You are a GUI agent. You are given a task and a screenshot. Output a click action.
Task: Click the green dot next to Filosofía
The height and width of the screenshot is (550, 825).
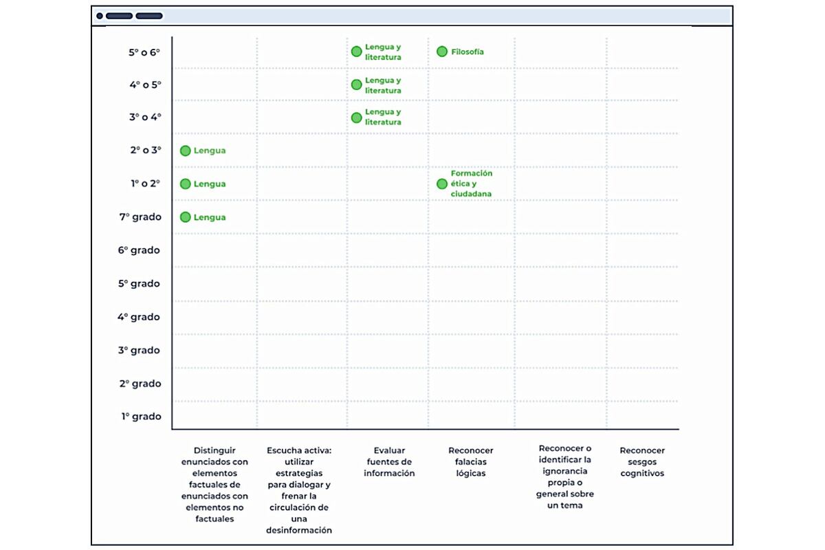pyautogui.click(x=442, y=52)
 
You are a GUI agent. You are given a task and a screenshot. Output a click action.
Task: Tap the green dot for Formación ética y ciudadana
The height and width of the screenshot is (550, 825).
pyautogui.click(x=442, y=184)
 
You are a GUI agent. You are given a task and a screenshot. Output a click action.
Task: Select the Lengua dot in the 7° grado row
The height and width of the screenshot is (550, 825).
pyautogui.click(x=185, y=217)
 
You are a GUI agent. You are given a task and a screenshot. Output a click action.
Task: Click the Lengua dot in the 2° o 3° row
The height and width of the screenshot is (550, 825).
pyautogui.click(x=185, y=151)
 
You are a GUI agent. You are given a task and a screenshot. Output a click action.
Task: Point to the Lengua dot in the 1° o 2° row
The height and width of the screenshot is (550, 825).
pyautogui.click(x=185, y=184)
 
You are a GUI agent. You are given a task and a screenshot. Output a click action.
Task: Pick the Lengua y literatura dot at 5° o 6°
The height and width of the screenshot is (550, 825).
pyautogui.click(x=357, y=52)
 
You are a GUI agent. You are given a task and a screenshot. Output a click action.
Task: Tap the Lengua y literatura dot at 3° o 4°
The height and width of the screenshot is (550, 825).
pyautogui.click(x=357, y=118)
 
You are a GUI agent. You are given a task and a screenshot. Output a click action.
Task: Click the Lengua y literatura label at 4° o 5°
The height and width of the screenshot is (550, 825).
pyautogui.click(x=383, y=85)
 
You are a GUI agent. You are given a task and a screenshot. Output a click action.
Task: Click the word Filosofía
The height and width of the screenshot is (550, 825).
pyautogui.click(x=467, y=52)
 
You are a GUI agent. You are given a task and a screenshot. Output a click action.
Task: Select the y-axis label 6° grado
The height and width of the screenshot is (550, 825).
pyautogui.click(x=139, y=250)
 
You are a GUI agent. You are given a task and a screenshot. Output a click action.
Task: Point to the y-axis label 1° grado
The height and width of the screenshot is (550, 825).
pyautogui.click(x=142, y=416)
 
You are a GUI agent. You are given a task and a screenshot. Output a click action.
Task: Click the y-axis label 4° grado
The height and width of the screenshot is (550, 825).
pyautogui.click(x=139, y=317)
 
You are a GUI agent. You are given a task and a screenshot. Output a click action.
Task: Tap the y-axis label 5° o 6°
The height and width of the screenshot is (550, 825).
pyautogui.click(x=144, y=52)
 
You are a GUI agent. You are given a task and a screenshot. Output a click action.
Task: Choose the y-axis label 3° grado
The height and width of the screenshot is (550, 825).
pyautogui.click(x=139, y=350)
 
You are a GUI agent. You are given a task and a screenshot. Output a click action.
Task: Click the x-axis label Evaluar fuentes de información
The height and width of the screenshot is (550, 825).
pyautogui.click(x=389, y=461)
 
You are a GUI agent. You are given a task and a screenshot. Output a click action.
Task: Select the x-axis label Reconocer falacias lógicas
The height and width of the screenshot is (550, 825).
pyautogui.click(x=471, y=461)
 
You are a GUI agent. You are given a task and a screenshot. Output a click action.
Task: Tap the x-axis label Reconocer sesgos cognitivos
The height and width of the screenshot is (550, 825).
pyautogui.click(x=642, y=461)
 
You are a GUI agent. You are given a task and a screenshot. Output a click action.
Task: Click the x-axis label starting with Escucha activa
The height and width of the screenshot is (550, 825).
pyautogui.click(x=299, y=490)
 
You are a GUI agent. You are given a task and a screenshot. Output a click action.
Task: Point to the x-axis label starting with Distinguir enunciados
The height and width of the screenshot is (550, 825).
pyautogui.click(x=214, y=485)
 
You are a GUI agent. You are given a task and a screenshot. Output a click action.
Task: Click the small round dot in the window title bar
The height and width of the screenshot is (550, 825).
pyautogui.click(x=100, y=16)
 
